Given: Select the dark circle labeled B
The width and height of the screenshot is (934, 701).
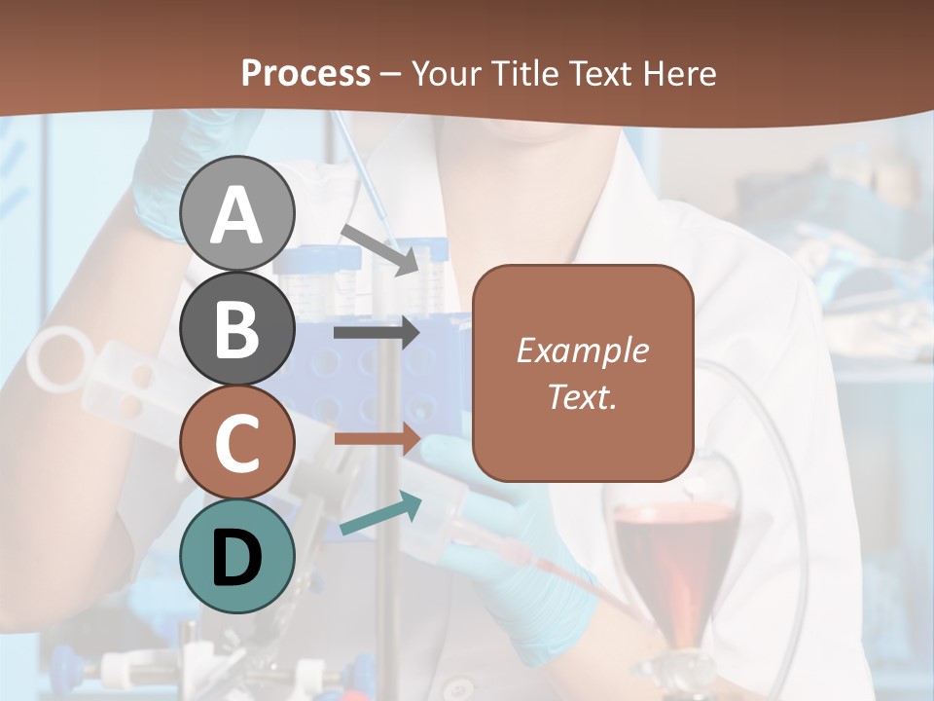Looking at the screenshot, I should click(x=237, y=329).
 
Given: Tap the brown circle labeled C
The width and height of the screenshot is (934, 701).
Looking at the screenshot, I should click(x=237, y=443).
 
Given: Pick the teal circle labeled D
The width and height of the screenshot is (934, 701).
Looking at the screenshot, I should click(x=237, y=556).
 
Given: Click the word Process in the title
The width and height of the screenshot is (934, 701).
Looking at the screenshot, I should click(x=305, y=73).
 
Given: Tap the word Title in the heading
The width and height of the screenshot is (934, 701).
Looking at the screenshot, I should click(x=526, y=73).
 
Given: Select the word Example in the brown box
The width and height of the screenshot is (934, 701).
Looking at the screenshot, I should click(x=582, y=350).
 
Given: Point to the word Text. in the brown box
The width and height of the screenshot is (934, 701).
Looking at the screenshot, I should click(x=582, y=397).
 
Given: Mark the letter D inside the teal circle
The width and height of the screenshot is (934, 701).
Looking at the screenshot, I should click(x=237, y=558).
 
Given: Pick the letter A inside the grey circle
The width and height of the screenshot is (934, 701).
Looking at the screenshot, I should click(x=237, y=216).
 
